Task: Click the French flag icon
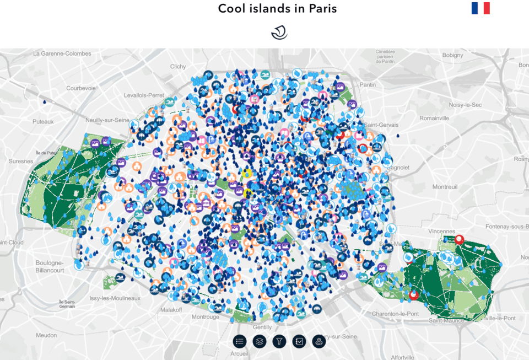(x=481, y=8)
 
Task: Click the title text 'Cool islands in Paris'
(x=277, y=8)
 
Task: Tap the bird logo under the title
(x=279, y=33)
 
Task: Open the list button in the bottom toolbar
(x=239, y=341)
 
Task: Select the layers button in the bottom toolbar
(x=259, y=341)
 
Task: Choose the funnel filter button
(x=279, y=341)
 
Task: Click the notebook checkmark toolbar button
(x=299, y=341)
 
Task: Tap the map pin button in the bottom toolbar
(x=319, y=341)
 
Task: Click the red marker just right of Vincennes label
(x=460, y=240)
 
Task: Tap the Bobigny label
(x=452, y=55)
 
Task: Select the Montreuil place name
(x=445, y=187)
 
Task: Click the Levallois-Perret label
(x=144, y=95)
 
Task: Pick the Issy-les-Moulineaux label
(x=115, y=298)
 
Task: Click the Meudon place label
(x=46, y=335)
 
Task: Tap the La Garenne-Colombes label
(x=62, y=53)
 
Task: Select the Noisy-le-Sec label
(x=466, y=105)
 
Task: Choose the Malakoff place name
(x=171, y=310)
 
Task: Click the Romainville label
(x=434, y=118)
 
